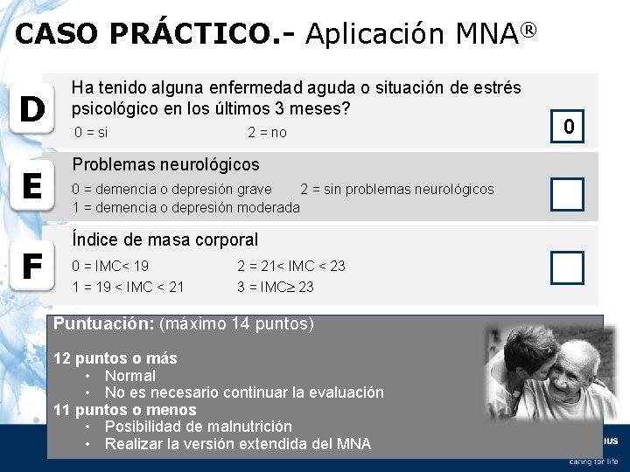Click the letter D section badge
coord(32,110)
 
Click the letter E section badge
coord(32,186)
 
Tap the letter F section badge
coord(32,267)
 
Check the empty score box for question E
coord(567,194)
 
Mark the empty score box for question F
coord(567,267)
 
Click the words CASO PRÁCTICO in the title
coord(145,34)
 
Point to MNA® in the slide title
coord(495,33)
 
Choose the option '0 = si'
coord(92,132)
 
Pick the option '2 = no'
coord(267,132)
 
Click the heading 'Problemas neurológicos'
coord(165,164)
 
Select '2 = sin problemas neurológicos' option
coord(396,189)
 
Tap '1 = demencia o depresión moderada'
coord(185,207)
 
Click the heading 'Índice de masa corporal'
coord(165,239)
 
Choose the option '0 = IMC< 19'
coord(110,266)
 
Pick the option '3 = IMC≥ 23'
coord(276,287)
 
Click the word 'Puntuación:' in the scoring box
coord(103,323)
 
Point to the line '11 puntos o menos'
coord(125,410)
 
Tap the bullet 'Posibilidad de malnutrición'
coord(198,427)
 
